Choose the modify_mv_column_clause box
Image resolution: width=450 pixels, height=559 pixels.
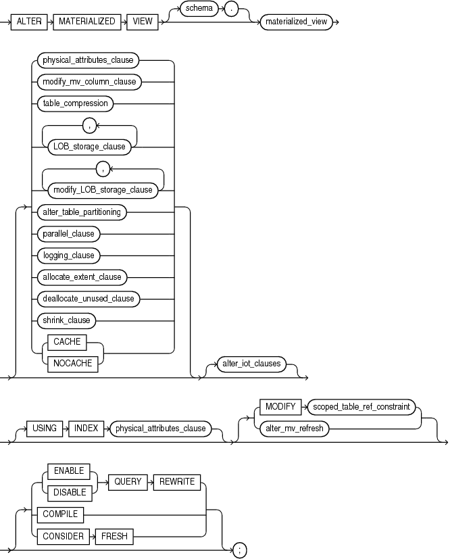pyautogui.click(x=89, y=82)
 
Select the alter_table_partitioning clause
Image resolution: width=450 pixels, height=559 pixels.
pyautogui.click(x=81, y=212)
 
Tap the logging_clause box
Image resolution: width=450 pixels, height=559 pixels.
pyautogui.click(x=68, y=256)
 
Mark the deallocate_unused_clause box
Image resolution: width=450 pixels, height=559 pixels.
pyautogui.click(x=88, y=298)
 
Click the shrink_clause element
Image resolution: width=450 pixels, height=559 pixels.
pyautogui.click(x=66, y=320)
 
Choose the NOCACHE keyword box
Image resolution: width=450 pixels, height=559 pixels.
pyautogui.click(x=68, y=363)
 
